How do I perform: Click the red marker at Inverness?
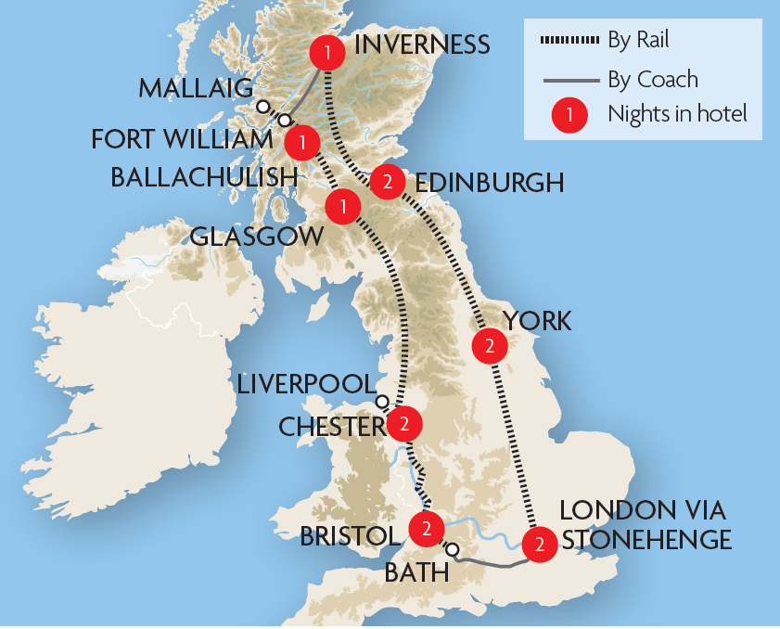coord(325,50)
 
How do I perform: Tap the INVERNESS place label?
coord(422,45)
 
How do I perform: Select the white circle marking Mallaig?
coord(262,106)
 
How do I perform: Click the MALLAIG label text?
coord(196,89)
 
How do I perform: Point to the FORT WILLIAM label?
coord(181,140)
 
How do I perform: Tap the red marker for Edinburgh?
coord(387,182)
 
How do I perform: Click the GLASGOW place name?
coord(257,237)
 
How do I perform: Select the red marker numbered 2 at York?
coord(490,347)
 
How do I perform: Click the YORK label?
coord(537,321)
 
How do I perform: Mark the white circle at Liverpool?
coord(381,402)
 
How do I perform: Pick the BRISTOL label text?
coord(350,535)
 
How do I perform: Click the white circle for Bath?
coord(452,550)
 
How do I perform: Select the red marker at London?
coord(539,544)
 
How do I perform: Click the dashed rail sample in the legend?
coord(568,41)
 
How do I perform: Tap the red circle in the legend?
coord(568,115)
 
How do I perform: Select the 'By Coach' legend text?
coord(653,79)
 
